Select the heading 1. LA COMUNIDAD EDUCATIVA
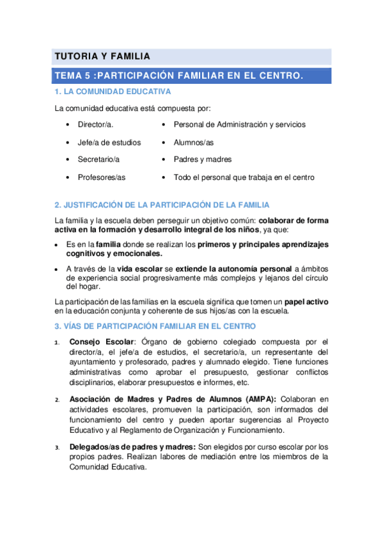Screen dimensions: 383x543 [112, 92]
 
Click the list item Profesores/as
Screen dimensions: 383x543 [102, 177]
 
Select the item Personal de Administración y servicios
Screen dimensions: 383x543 [239, 124]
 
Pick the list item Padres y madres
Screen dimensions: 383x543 [203, 159]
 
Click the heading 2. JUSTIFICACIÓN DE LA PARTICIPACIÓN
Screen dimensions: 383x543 [162, 205]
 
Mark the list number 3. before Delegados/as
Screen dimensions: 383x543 [57, 448]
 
